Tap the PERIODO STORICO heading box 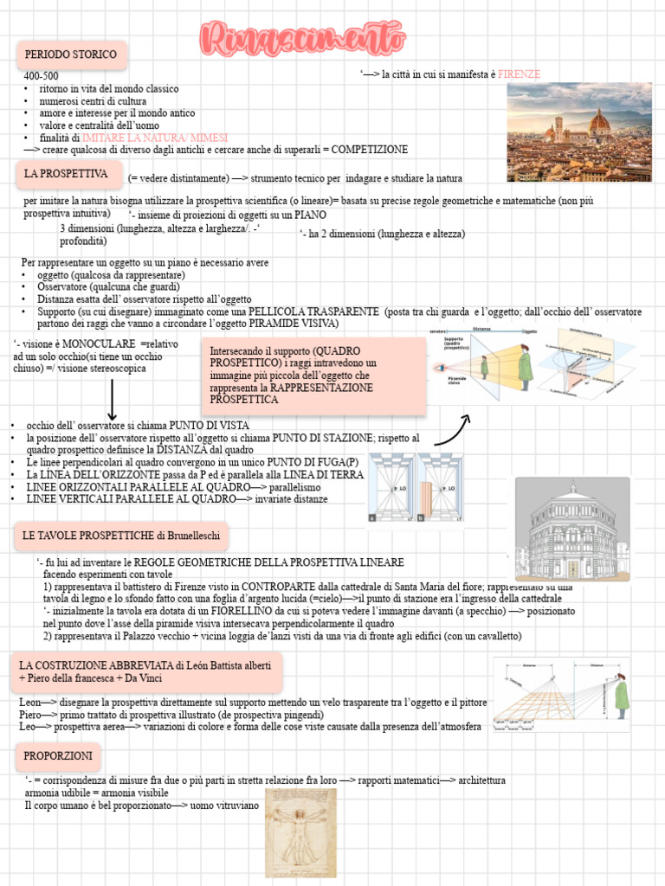tap(70, 55)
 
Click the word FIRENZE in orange tap(520, 74)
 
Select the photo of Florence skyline tap(578, 119)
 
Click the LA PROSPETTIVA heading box tap(66, 175)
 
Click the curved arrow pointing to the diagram tap(452, 430)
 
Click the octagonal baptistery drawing tap(571, 528)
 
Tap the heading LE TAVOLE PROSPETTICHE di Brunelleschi tap(121, 536)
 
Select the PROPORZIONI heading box tap(58, 755)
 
